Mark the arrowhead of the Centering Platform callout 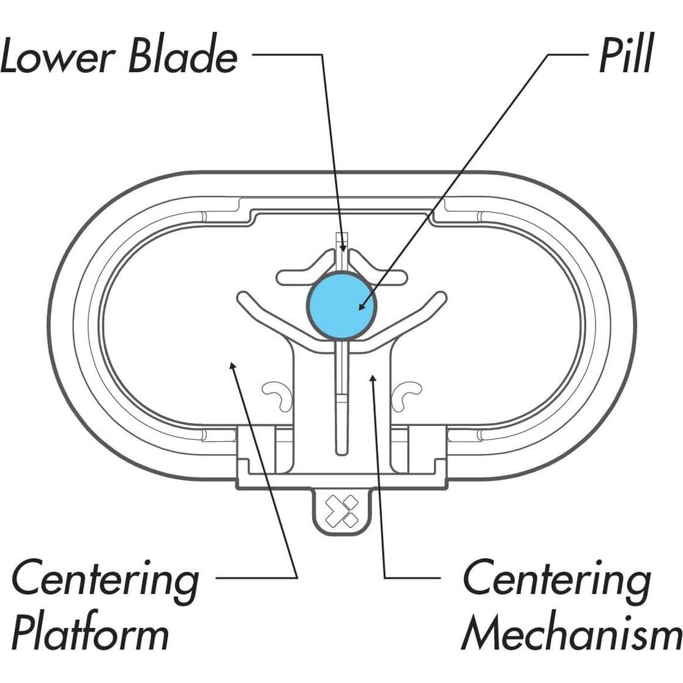coord(231,365)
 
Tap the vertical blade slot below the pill coord(342,404)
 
